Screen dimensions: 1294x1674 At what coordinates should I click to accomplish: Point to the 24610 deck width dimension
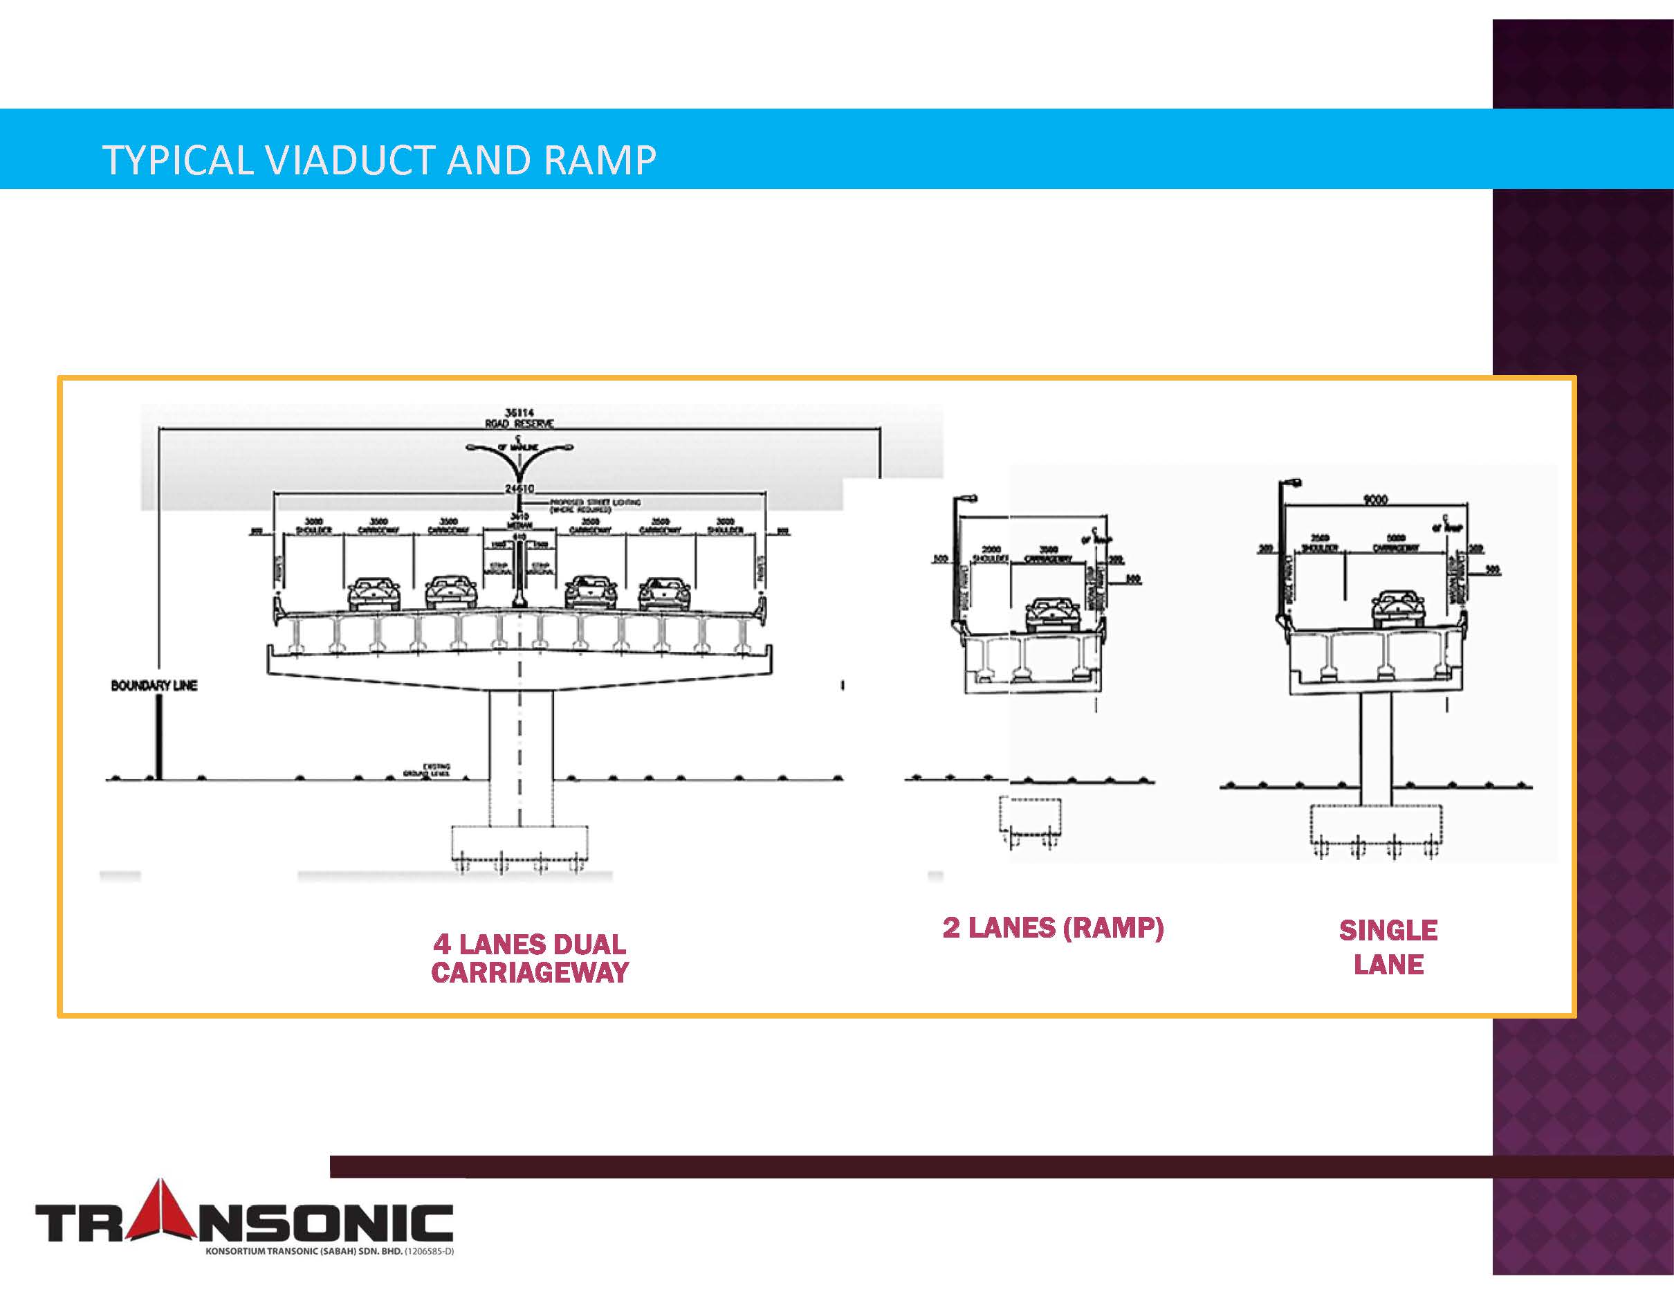[x=519, y=489]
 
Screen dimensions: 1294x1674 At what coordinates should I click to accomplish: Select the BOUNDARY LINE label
[x=154, y=685]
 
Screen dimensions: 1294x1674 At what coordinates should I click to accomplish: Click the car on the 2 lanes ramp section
[x=1052, y=614]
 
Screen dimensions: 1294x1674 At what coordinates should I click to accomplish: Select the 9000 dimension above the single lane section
[x=1375, y=500]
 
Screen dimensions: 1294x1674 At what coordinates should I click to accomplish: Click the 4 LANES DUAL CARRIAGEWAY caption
[x=530, y=958]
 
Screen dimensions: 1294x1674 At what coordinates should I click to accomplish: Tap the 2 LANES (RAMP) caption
[x=1053, y=927]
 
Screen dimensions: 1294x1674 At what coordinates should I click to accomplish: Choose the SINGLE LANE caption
[x=1388, y=947]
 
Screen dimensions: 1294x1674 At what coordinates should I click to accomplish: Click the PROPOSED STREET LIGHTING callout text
[x=594, y=505]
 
